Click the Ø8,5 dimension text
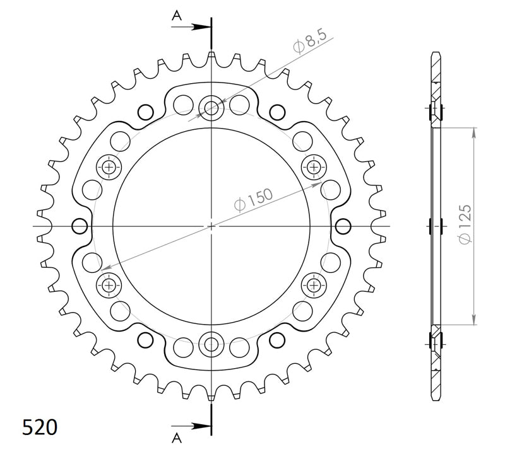tap(309, 45)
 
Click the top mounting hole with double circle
tap(211, 108)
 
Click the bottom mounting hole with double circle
tap(211, 344)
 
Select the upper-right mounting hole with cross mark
tap(313, 167)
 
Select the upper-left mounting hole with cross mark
tap(109, 167)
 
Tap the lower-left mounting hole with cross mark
tap(109, 285)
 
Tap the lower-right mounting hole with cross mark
tap(313, 285)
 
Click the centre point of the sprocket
tap(211, 226)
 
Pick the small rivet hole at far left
tap(80, 226)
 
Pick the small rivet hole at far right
tap(343, 226)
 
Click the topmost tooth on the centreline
tap(211, 57)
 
